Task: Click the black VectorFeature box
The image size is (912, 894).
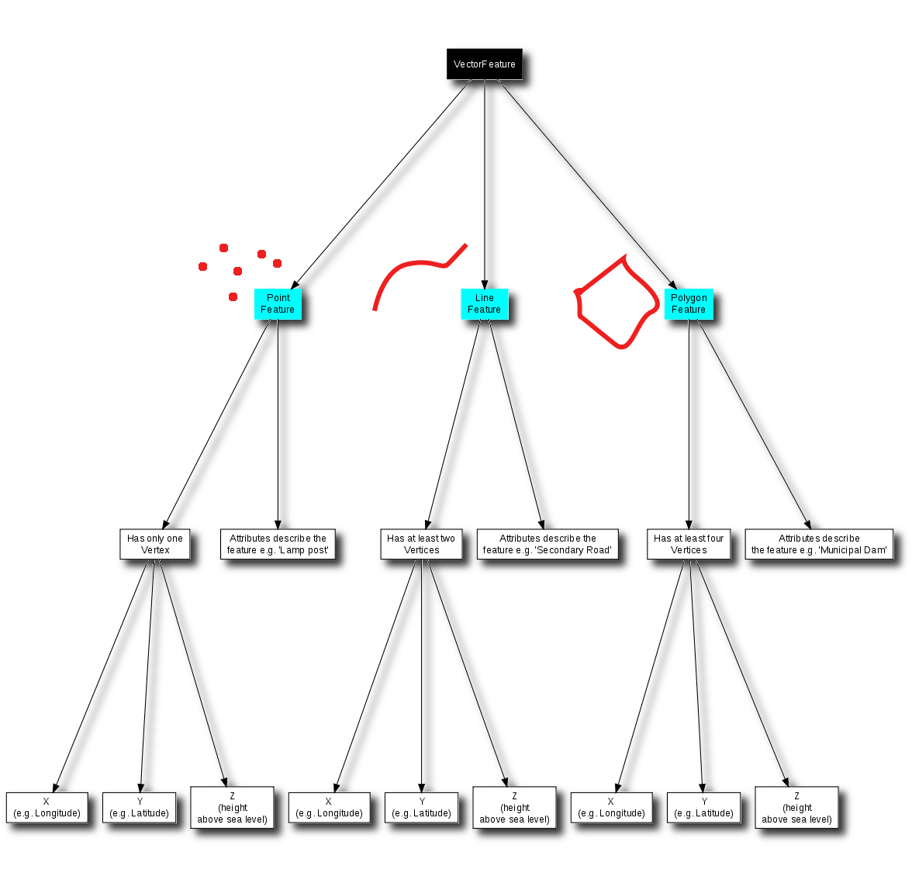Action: tap(484, 64)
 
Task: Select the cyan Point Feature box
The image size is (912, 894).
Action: tap(278, 303)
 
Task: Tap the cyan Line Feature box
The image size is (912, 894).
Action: tap(484, 303)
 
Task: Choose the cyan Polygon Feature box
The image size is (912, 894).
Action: tap(689, 303)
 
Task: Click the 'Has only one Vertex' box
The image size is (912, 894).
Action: tap(155, 544)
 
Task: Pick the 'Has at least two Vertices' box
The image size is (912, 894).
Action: tap(421, 544)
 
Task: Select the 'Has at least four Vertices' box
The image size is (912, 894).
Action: tap(689, 544)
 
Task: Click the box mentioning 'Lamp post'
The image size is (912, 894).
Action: tap(278, 544)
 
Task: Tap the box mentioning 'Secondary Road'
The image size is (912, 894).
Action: tap(548, 544)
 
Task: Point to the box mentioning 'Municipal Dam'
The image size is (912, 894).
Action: tap(819, 544)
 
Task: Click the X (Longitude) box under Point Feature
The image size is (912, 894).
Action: tap(47, 808)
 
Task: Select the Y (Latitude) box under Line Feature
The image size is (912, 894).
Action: tap(422, 808)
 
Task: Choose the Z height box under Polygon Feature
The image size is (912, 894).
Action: tap(796, 808)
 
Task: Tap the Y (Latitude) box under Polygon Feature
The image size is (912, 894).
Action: tap(704, 808)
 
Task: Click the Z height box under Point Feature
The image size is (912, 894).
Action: tap(232, 808)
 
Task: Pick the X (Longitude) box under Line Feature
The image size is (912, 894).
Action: tap(329, 808)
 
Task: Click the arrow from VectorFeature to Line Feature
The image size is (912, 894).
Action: tap(485, 186)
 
